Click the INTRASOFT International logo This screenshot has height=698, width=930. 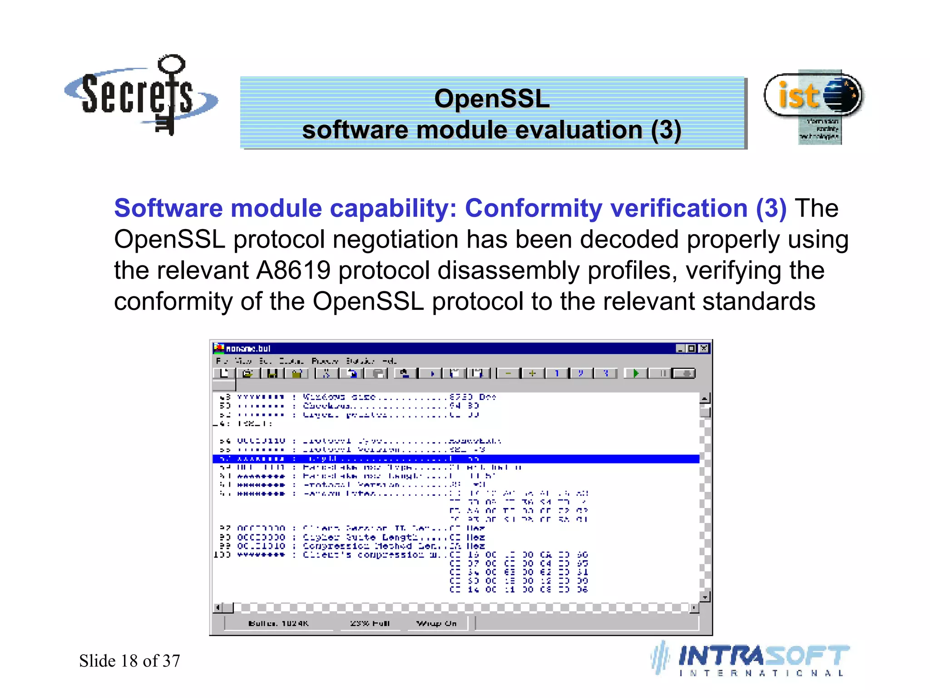tap(752, 659)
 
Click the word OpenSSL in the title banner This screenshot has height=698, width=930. tap(492, 99)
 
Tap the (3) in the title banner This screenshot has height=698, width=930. tap(666, 130)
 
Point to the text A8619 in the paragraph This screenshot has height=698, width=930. tap(293, 270)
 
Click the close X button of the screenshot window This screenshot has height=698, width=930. tap(704, 349)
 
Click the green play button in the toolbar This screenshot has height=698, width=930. tap(636, 374)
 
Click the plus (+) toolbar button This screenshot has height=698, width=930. tap(532, 374)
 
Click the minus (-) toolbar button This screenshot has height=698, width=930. tap(508, 374)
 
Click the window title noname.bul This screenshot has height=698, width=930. tap(248, 349)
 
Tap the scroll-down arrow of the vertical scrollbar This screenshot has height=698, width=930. tap(705, 597)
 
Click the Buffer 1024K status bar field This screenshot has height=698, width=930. tap(278, 623)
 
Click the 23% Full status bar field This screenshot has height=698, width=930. tap(370, 623)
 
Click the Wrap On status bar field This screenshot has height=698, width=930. tap(436, 623)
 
